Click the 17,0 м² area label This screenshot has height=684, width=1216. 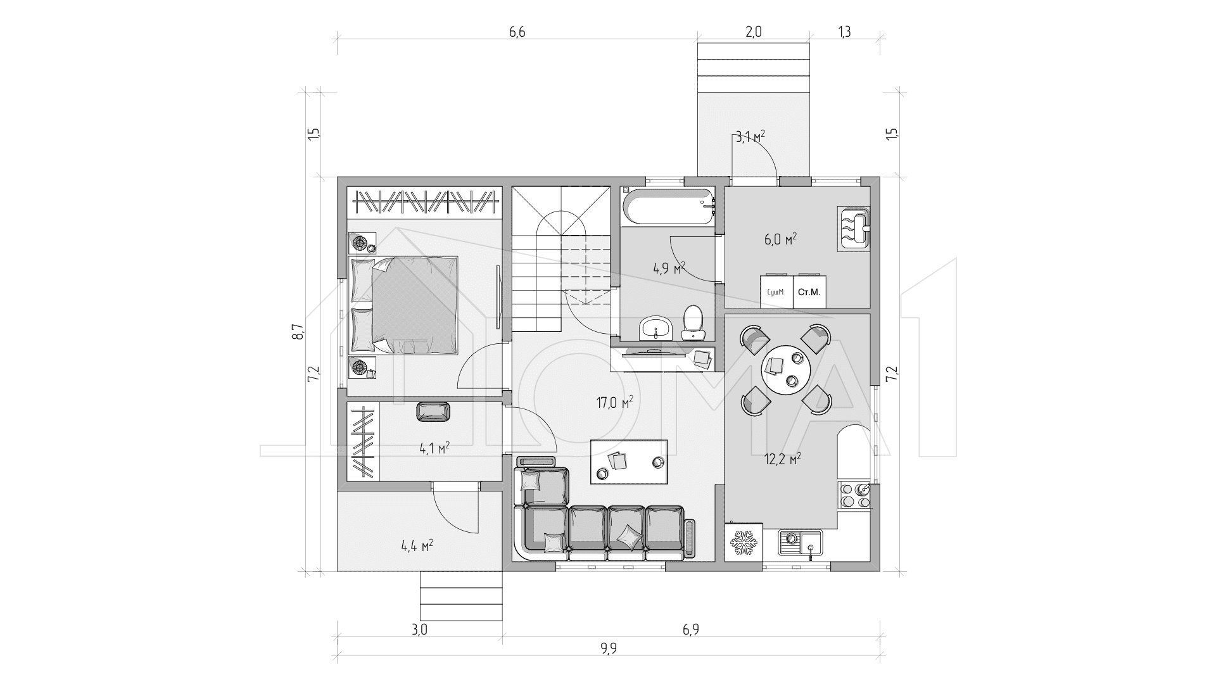614,402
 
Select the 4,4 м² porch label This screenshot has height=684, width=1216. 417,545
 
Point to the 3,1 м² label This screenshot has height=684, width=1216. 750,137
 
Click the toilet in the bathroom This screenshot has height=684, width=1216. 693,322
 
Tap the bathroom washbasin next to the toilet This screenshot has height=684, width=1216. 655,329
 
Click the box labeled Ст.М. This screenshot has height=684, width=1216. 809,292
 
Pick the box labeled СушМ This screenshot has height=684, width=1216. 776,292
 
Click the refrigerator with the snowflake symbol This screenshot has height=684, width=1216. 744,541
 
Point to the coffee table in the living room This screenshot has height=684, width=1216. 628,462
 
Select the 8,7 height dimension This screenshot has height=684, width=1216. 298,332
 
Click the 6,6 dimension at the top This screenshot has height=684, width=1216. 517,32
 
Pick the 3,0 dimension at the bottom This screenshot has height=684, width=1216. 419,630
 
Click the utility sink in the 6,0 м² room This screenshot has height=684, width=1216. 854,229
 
